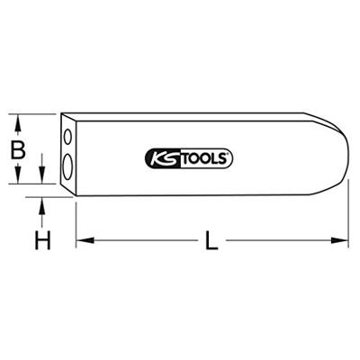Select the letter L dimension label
click(x=211, y=240)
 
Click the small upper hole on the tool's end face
click(x=67, y=138)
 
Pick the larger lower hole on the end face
click(x=68, y=164)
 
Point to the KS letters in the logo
click(x=160, y=159)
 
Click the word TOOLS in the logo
click(x=203, y=159)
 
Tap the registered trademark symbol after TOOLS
click(x=233, y=156)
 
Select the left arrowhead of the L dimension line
click(x=82, y=240)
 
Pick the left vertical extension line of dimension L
click(x=76, y=220)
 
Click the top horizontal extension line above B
click(x=36, y=113)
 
